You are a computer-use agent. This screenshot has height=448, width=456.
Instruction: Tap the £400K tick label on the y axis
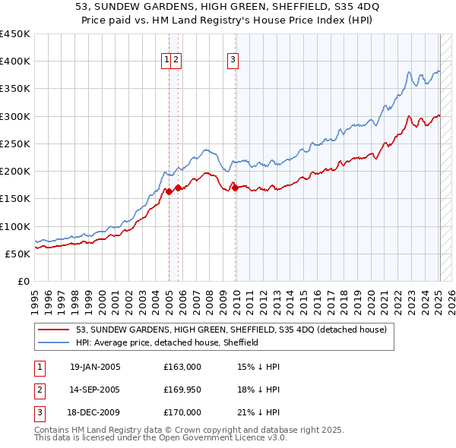click(15, 62)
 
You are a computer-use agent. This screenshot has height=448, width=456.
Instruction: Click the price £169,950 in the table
click(182, 390)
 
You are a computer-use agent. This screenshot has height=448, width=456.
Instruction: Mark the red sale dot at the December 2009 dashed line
click(236, 188)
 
